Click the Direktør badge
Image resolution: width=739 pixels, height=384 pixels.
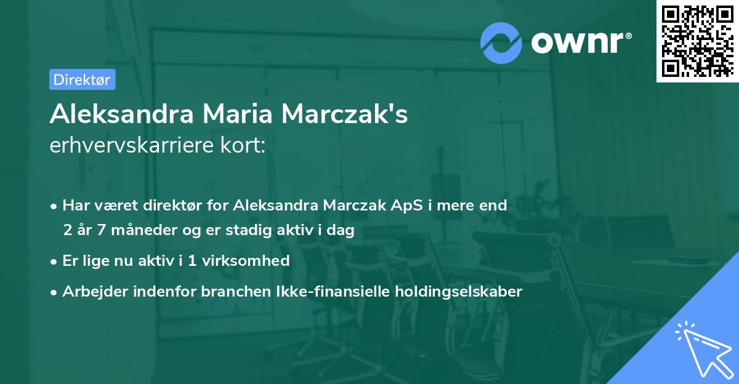coord(82,79)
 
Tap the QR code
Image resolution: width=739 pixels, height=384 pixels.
coord(697,41)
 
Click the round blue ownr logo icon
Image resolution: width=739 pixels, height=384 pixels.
coord(501,42)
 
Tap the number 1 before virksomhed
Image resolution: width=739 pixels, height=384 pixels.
coord(193,260)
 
